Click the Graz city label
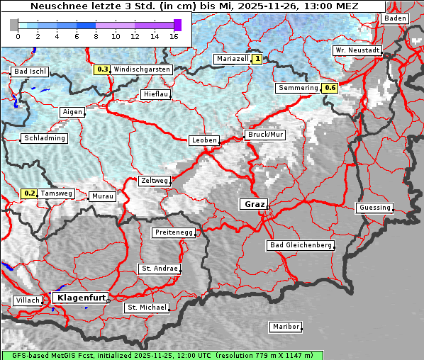254,204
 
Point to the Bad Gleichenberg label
301,245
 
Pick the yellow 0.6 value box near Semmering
330,88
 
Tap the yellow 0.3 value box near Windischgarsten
103,69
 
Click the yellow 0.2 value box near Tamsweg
29,193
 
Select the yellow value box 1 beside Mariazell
257,60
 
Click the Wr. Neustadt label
357,51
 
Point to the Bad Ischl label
30,72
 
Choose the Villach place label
28,300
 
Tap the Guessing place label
374,208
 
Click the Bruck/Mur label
264,135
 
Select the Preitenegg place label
173,232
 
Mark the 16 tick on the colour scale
174,35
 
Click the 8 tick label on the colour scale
96,35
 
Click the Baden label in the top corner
395,18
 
